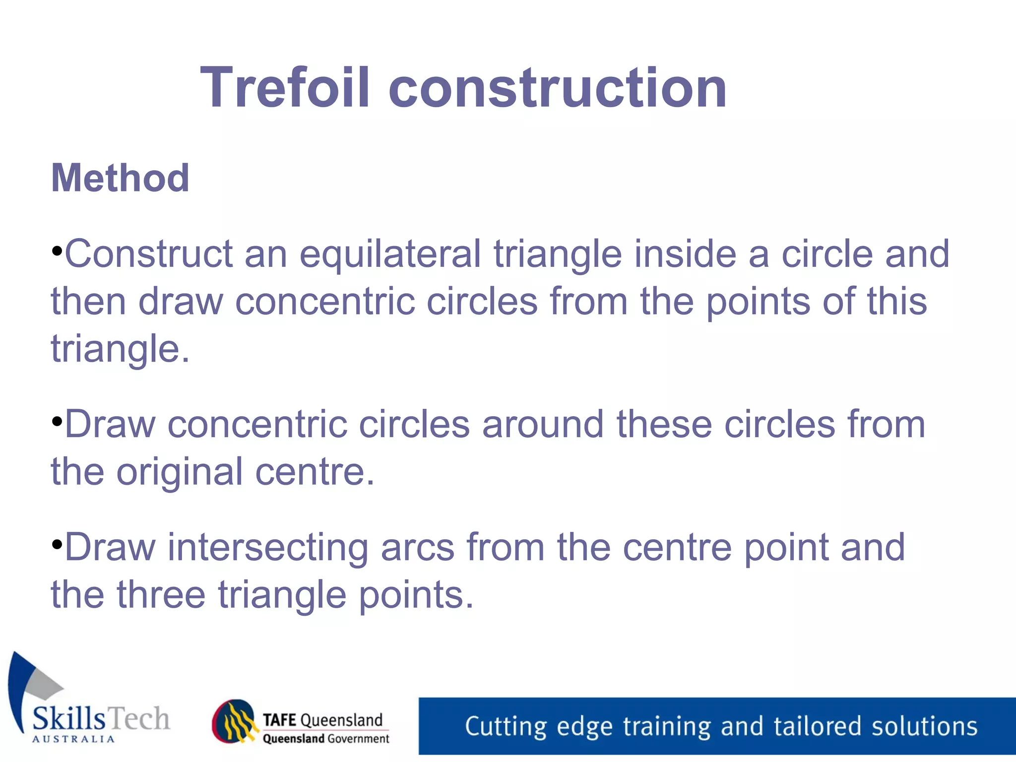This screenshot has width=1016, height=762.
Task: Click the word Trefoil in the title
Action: tap(285, 88)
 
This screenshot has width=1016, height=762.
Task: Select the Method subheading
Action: tap(120, 178)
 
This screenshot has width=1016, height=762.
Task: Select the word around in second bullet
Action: tap(543, 425)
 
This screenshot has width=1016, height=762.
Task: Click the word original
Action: tap(180, 472)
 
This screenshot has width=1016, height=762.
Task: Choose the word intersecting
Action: tap(268, 548)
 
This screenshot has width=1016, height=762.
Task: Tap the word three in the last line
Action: tap(161, 595)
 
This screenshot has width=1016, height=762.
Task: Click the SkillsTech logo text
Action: tap(101, 718)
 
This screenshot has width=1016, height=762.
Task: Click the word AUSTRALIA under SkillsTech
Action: tap(73, 739)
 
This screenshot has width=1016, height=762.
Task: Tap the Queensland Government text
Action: tap(325, 739)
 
